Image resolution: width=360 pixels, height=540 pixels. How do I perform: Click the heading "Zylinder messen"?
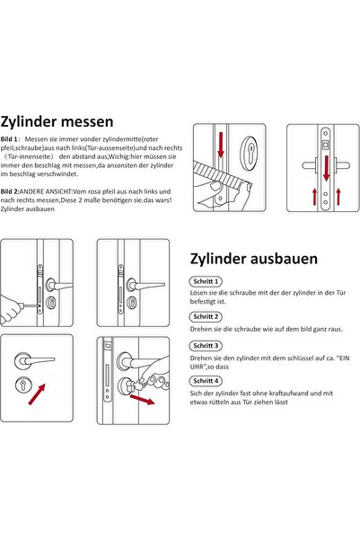point(57,122)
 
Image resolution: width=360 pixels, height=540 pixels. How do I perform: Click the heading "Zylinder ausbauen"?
point(254,259)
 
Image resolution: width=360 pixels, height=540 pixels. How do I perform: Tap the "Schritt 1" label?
point(206,281)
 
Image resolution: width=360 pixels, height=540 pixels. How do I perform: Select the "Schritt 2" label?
point(206,317)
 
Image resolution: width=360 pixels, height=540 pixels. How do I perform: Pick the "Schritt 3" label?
point(206,346)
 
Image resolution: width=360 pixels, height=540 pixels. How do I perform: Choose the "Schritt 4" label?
point(206,381)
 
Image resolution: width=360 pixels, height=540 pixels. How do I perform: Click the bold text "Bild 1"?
point(9,139)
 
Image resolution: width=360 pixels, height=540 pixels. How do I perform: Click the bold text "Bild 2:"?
point(10,191)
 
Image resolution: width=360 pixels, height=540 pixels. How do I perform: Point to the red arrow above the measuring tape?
point(221,145)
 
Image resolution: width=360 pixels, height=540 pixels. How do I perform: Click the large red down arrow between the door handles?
point(326,168)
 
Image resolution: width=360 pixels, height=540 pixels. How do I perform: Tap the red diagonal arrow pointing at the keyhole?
point(37,394)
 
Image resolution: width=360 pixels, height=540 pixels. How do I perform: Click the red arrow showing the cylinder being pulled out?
point(142,400)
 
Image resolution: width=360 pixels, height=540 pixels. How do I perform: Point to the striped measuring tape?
point(222,175)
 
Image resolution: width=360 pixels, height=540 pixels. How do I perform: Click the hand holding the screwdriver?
point(11,307)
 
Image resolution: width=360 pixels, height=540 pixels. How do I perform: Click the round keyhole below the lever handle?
point(23,385)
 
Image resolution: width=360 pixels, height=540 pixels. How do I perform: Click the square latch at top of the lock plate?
point(325,145)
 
